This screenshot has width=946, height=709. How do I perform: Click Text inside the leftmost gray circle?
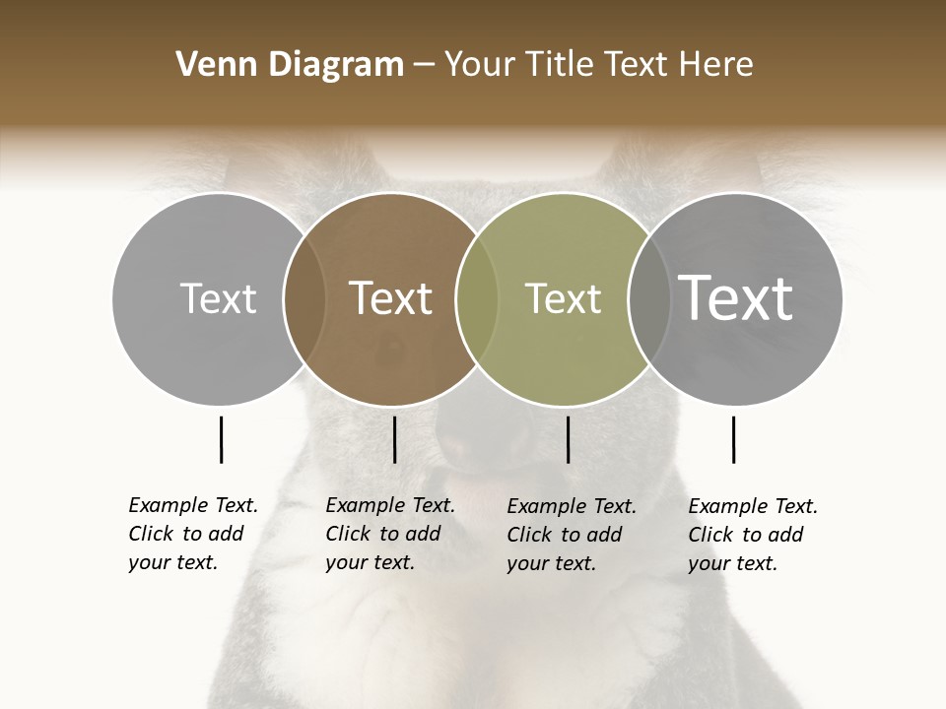point(218,298)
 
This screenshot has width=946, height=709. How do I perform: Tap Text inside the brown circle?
point(390,298)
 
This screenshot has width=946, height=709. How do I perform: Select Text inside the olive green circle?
point(563,298)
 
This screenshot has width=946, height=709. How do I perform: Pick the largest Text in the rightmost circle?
point(735,297)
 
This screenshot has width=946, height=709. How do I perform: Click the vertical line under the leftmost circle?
point(221,439)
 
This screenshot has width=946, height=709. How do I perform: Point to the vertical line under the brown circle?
point(394,439)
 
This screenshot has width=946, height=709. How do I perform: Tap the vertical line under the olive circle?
point(568,439)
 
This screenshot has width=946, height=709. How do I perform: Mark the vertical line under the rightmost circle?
point(733,439)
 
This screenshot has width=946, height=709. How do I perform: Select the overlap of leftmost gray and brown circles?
point(304,298)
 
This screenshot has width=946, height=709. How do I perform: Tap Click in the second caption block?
point(347,534)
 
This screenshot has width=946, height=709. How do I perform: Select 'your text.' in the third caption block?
point(551,563)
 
